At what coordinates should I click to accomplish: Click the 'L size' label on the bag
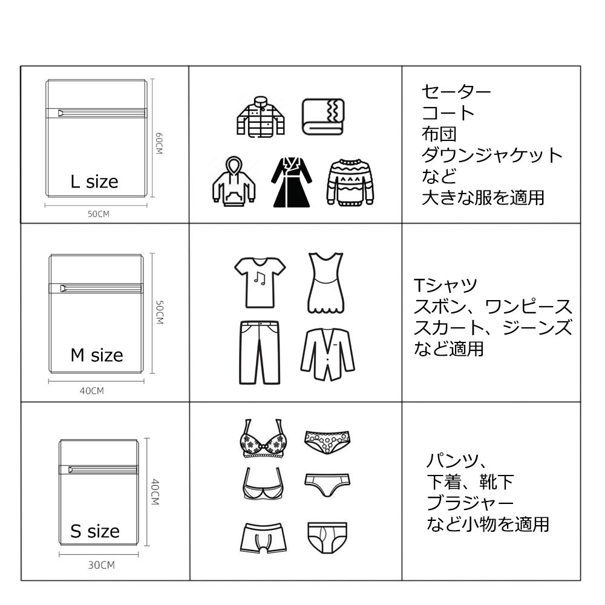click(x=94, y=181)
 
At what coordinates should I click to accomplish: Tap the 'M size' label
click(x=96, y=355)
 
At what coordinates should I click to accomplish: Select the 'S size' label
click(x=95, y=531)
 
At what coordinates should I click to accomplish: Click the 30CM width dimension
click(x=102, y=565)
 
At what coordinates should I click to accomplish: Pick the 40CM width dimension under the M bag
click(x=92, y=391)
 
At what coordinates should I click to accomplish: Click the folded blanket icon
click(x=323, y=117)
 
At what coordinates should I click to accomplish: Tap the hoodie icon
click(x=234, y=181)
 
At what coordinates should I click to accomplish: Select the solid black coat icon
click(x=292, y=182)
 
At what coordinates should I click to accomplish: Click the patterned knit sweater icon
click(x=350, y=181)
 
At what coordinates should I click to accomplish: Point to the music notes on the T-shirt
click(x=260, y=278)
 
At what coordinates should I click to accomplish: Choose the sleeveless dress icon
click(x=325, y=283)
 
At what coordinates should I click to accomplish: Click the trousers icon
click(x=260, y=353)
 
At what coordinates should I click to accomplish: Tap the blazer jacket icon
click(x=327, y=354)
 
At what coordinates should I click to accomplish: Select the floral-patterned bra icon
click(x=263, y=439)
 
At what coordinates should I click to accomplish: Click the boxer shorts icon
click(x=264, y=538)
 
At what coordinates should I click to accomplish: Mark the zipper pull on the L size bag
click(x=61, y=113)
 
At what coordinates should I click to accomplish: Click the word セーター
click(x=456, y=92)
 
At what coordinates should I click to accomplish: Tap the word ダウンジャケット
click(x=492, y=155)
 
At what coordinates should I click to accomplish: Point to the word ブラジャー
click(x=470, y=503)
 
